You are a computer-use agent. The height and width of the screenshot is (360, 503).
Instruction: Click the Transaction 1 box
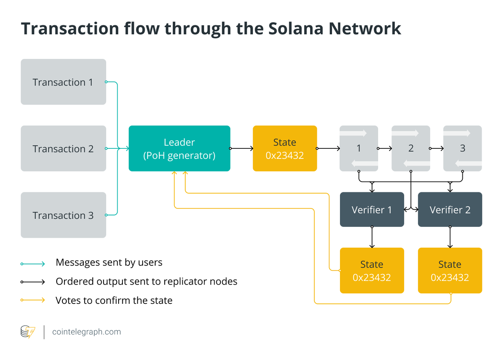point(63,82)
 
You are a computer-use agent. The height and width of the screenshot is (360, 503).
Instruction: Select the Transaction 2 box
point(63,148)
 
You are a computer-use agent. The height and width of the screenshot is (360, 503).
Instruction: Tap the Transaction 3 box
point(63,215)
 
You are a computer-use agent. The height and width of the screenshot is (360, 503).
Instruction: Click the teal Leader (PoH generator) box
point(179,148)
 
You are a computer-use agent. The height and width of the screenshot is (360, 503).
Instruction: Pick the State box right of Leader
point(285,148)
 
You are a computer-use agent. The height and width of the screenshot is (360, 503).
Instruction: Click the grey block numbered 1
point(359,148)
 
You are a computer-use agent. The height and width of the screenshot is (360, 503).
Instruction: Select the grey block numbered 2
point(411,148)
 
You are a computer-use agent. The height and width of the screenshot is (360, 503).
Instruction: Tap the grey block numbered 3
point(462,148)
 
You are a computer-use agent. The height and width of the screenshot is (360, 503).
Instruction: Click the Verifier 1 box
point(372,209)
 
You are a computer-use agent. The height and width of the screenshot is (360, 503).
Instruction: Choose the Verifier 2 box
point(450,209)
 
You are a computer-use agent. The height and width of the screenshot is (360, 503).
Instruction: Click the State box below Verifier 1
point(372,270)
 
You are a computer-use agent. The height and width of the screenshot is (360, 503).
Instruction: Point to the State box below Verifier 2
point(450,270)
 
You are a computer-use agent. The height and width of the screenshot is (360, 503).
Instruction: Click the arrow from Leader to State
point(241,148)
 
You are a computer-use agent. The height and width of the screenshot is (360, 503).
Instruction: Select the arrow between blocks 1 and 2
point(384,148)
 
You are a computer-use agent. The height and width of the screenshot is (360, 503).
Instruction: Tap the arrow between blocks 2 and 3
point(436,148)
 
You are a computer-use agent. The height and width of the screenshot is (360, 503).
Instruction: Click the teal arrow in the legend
point(33,264)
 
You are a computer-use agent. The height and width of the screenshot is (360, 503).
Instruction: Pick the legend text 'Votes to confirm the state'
point(114,300)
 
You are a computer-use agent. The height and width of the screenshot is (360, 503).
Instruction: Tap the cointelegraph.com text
point(86,332)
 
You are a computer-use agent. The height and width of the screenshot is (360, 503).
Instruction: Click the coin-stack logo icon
point(28,332)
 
